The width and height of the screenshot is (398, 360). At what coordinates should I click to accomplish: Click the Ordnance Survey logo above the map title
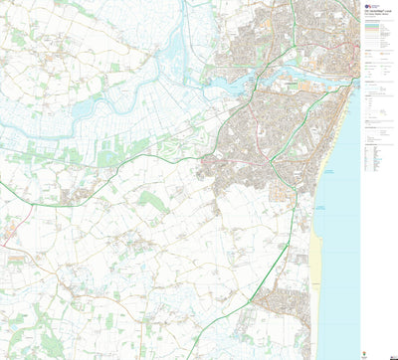click(368, 5)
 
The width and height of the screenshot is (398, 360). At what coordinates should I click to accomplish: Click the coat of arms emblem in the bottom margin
click(374, 351)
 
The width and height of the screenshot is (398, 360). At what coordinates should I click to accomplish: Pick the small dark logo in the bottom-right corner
click(391, 353)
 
